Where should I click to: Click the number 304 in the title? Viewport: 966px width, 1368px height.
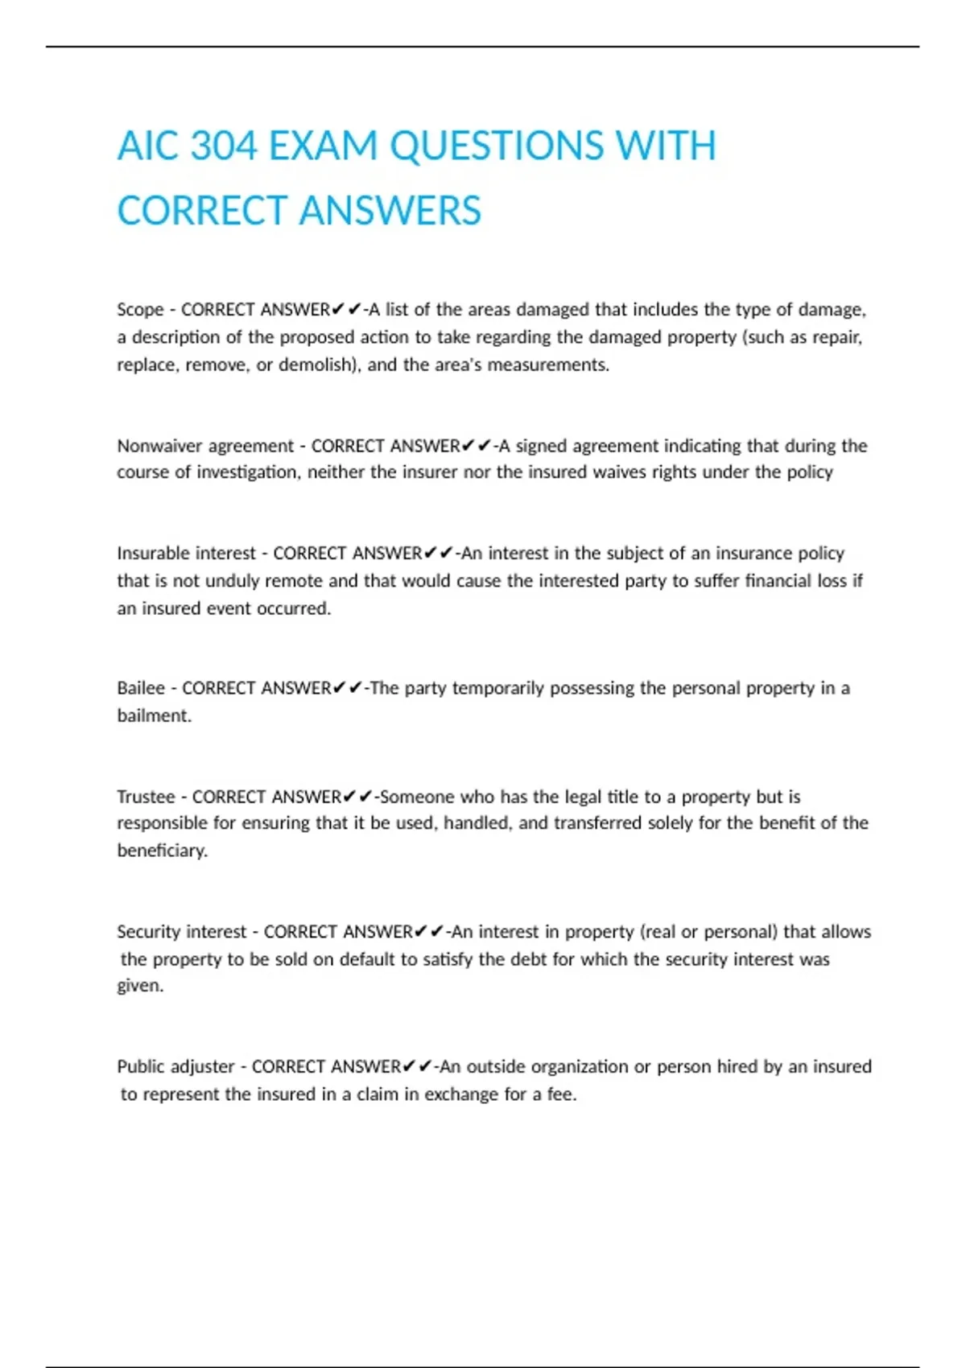224,146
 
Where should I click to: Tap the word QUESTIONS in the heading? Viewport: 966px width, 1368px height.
497,146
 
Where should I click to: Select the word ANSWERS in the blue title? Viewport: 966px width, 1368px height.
390,211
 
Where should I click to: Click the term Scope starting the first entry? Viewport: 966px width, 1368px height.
140,310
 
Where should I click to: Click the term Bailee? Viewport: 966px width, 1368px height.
141,688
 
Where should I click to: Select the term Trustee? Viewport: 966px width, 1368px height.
146,797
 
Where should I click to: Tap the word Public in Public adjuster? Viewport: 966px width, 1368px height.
141,1066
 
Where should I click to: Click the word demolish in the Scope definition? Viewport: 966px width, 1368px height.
316,365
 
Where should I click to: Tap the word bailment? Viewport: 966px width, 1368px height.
154,715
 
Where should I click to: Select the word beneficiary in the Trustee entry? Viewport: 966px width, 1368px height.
162,851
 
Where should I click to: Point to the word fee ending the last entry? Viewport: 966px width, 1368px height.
560,1094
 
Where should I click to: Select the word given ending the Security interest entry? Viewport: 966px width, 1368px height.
139,986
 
